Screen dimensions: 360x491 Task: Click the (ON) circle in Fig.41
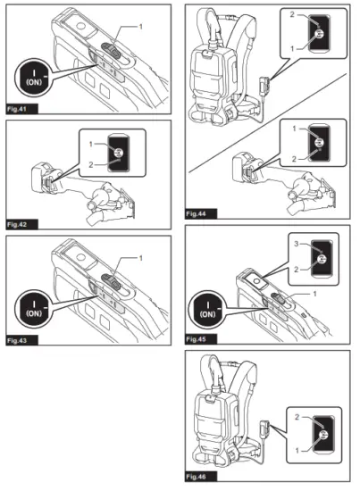pos(34,77)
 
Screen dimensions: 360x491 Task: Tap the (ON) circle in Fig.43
pos(34,309)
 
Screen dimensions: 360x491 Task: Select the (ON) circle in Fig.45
pos(207,310)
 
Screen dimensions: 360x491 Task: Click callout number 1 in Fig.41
pos(140,27)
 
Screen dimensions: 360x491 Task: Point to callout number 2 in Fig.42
pos(91,164)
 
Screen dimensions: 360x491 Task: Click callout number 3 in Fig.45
pos(297,244)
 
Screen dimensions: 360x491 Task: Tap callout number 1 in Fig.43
pos(140,258)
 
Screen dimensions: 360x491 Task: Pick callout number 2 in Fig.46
pos(297,417)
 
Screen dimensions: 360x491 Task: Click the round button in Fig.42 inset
pos(119,153)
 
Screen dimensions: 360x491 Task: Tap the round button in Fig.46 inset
pos(323,435)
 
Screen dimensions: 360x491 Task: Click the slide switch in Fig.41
pos(112,51)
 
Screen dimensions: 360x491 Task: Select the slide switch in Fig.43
pos(112,282)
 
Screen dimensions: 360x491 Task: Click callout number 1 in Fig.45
pos(314,294)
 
